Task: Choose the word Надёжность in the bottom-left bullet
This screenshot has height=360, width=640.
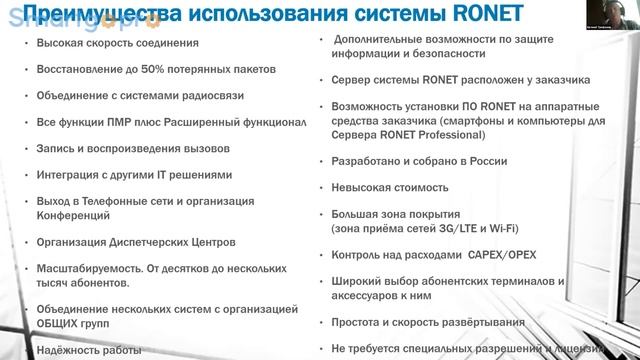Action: [x=68, y=349]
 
